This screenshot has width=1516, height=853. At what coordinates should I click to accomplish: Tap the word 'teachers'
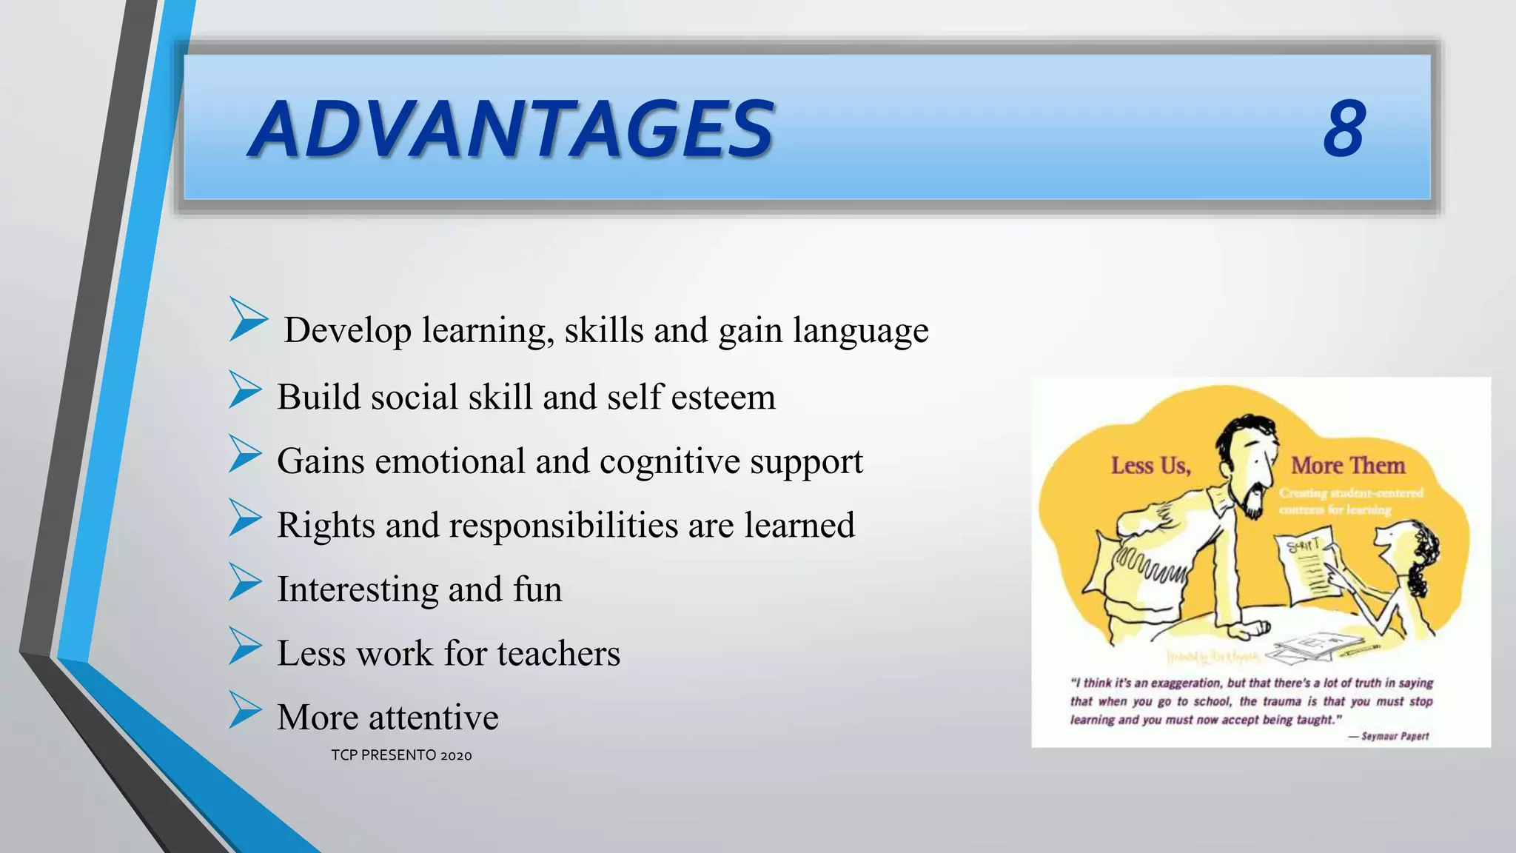(558, 653)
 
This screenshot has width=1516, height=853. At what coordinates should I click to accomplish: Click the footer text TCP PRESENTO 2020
(401, 755)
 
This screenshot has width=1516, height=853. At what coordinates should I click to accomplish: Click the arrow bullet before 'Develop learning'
(247, 319)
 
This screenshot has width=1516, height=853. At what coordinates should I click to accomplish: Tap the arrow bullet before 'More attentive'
(245, 709)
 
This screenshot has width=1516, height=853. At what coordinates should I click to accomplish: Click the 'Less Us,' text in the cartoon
(1150, 466)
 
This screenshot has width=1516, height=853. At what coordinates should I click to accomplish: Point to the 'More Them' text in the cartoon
(1348, 466)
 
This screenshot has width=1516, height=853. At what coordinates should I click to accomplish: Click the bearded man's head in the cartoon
(1248, 459)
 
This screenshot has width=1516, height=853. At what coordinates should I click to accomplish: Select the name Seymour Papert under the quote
(1395, 736)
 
